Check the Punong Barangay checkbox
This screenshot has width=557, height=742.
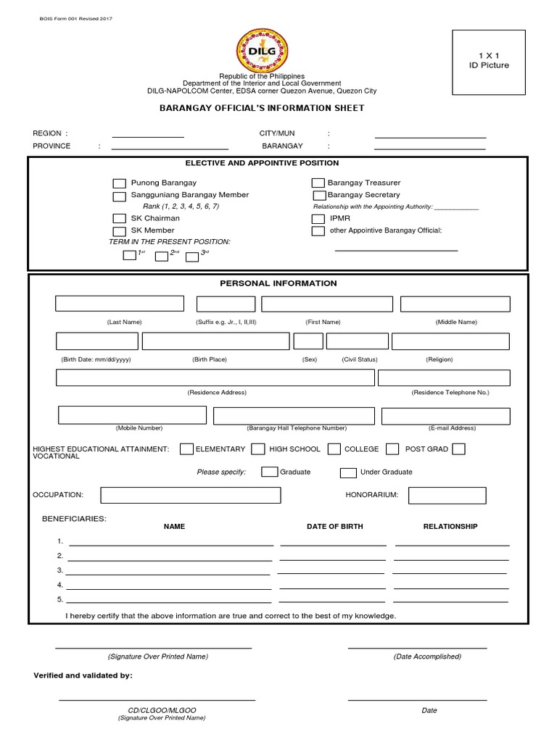pyautogui.click(x=119, y=183)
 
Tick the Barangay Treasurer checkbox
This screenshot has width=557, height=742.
pyautogui.click(x=318, y=183)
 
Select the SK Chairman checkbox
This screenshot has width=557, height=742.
pyautogui.click(x=119, y=218)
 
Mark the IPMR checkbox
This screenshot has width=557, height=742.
pyautogui.click(x=318, y=218)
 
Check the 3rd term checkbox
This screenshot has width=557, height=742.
pyautogui.click(x=192, y=256)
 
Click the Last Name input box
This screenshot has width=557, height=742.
pyautogui.click(x=120, y=304)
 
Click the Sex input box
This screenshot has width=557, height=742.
pyautogui.click(x=308, y=341)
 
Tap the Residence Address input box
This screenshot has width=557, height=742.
pyautogui.click(x=214, y=378)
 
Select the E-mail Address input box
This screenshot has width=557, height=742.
pyautogui.click(x=446, y=415)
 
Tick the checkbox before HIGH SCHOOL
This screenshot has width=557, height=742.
pyautogui.click(x=257, y=449)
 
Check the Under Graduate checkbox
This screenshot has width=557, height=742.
pyautogui.click(x=348, y=472)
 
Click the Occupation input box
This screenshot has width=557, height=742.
pyautogui.click(x=191, y=495)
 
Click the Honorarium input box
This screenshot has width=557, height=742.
pyautogui.click(x=447, y=495)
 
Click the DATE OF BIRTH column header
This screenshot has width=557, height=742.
pyautogui.click(x=335, y=526)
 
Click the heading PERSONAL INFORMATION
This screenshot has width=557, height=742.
pyautogui.click(x=278, y=283)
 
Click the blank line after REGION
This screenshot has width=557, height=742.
pyautogui.click(x=147, y=136)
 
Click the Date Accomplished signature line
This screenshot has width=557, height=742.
pyautogui.click(x=417, y=647)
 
